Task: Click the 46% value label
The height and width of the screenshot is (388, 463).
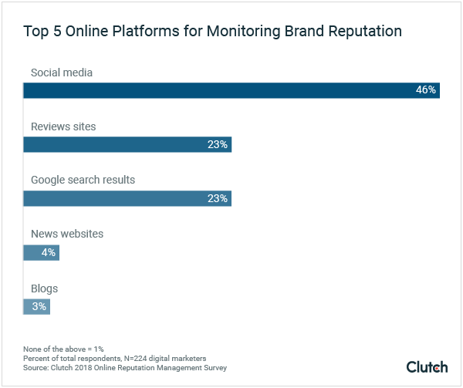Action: tap(426, 90)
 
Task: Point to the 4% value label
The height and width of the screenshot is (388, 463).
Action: tap(48, 252)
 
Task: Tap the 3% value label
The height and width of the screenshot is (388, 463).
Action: tap(39, 306)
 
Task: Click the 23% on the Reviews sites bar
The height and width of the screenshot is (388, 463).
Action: tap(218, 144)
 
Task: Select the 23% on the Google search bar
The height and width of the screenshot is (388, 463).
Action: tap(218, 198)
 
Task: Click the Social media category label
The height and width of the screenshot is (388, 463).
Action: tap(62, 73)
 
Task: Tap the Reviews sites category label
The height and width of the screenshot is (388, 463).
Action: tap(63, 127)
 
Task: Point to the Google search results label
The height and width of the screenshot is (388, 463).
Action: tap(83, 180)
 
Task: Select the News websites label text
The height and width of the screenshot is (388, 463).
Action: tap(67, 234)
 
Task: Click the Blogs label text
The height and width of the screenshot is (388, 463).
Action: tap(44, 288)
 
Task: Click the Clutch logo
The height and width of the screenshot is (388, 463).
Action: tap(427, 366)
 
